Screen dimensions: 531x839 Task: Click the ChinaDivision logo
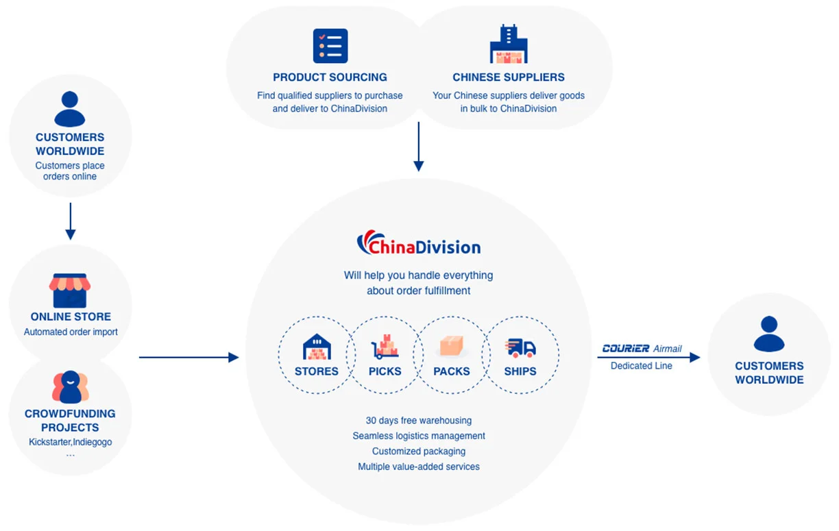pos(418,244)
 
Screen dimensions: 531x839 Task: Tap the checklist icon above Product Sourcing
pos(330,47)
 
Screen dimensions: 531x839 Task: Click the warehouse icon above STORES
pos(317,347)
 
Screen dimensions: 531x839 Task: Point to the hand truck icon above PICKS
pos(385,347)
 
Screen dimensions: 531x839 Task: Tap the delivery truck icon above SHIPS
pos(520,347)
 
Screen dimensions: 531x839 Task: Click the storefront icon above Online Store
pos(70,291)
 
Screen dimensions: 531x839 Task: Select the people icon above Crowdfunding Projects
pos(70,387)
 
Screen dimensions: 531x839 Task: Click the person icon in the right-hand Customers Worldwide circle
pos(769,334)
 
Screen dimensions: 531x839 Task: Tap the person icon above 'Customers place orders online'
pos(70,109)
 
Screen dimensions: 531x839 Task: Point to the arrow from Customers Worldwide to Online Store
pos(70,221)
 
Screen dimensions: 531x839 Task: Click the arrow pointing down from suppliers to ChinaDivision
pos(419,147)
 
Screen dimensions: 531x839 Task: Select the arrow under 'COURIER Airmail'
pos(648,357)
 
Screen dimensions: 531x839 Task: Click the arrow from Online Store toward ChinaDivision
pos(189,357)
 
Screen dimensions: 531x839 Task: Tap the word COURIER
pos(625,349)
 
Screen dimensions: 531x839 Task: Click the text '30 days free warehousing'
pos(419,420)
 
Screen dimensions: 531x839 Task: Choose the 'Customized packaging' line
pos(419,451)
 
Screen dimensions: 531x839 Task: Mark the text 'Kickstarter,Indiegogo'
pos(70,442)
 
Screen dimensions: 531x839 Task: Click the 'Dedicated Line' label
pos(642,366)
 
